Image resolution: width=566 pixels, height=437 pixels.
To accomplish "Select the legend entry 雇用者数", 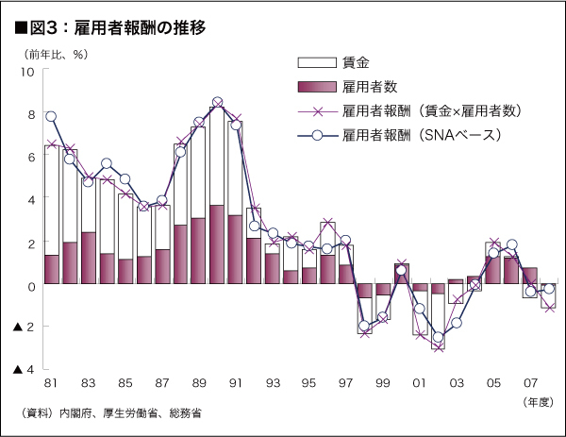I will click(368, 88).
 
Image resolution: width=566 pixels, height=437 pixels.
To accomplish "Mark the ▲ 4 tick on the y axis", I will click(25, 370).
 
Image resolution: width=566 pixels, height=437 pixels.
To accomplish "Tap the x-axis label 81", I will click(51, 385).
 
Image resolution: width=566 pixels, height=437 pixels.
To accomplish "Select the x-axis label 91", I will click(235, 385).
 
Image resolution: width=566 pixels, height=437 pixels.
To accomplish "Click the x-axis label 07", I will click(529, 385).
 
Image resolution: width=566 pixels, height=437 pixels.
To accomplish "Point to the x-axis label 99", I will click(382, 385).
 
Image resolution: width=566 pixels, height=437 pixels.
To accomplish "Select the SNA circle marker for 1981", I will click(51, 117).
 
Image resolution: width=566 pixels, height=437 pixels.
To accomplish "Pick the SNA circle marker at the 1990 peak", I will click(217, 102).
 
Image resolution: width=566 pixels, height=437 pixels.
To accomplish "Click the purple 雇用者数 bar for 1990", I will click(217, 244).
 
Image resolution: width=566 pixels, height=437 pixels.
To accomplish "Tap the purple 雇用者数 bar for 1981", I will click(51, 269).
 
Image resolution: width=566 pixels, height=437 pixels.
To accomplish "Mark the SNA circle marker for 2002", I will click(438, 337).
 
